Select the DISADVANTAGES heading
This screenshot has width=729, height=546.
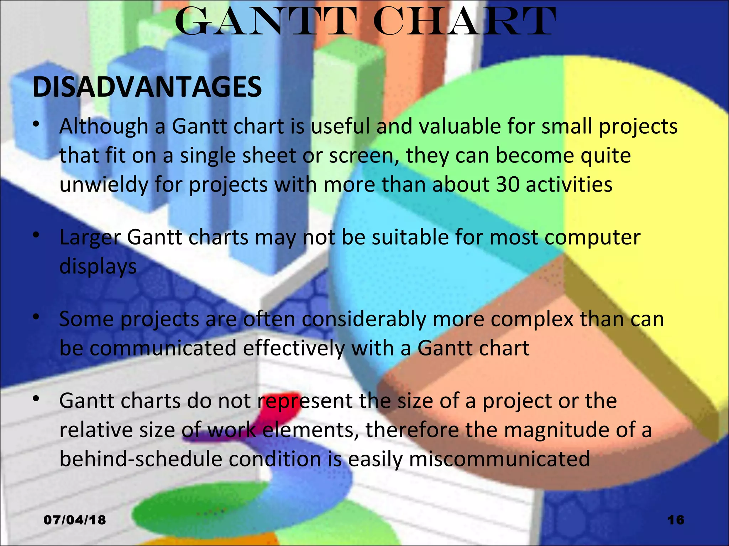click(x=147, y=87)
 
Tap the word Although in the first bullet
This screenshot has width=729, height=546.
click(x=104, y=127)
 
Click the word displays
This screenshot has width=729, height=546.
click(x=98, y=267)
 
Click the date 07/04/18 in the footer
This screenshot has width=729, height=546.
click(x=75, y=520)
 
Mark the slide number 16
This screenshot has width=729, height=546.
click(x=676, y=520)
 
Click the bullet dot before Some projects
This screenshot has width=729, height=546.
click(x=36, y=316)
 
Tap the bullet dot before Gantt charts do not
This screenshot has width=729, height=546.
click(x=36, y=399)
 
